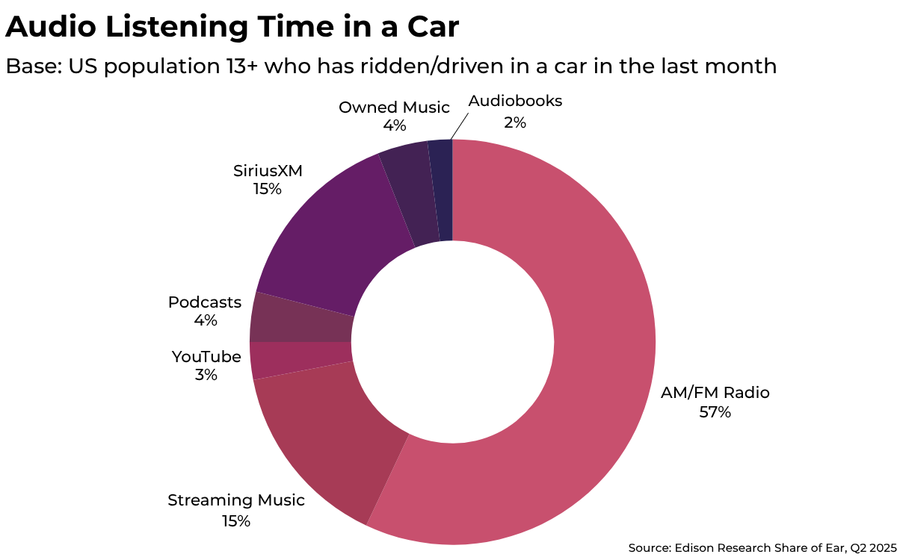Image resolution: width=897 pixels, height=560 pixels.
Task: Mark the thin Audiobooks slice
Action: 443,190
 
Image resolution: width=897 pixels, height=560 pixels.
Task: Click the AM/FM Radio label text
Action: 715,392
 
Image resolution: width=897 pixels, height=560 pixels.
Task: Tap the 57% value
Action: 715,411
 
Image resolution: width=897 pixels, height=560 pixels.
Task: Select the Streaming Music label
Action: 236,500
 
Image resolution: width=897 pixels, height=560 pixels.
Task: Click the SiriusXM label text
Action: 267,170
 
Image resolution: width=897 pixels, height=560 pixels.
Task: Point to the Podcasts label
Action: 205,302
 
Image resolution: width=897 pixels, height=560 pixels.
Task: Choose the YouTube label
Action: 206,356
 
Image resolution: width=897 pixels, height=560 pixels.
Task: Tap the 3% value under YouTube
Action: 206,375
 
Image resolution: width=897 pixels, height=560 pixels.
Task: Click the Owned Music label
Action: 394,107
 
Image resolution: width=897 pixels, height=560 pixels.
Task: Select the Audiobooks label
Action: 515,100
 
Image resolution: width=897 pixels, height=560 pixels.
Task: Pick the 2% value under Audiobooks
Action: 515,121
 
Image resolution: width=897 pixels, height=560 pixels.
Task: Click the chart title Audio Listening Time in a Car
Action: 232,27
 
